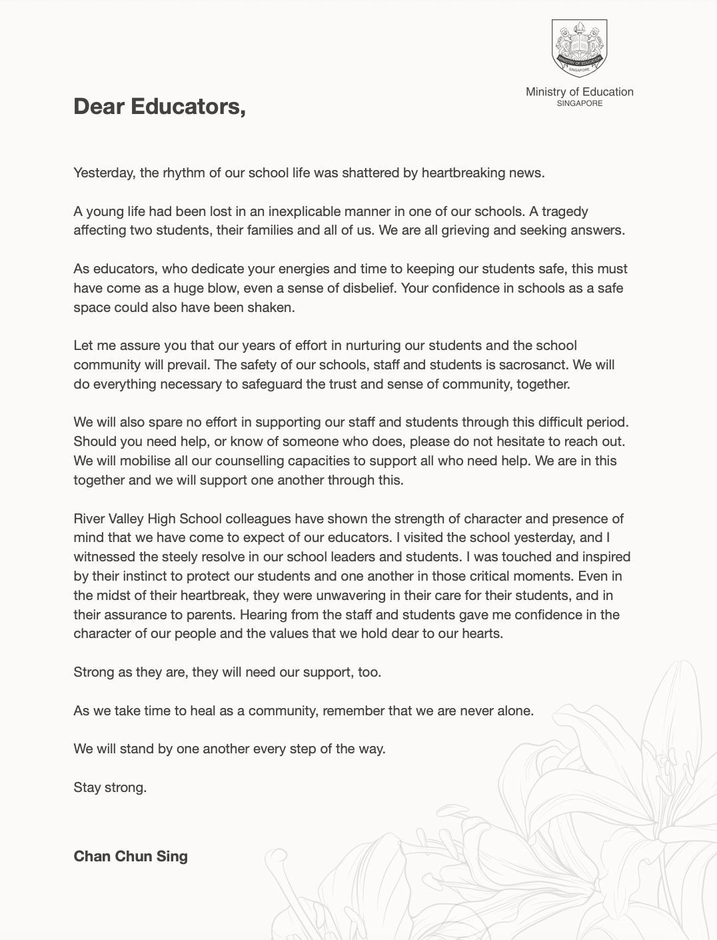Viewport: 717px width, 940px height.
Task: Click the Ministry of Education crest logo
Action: point(579,47)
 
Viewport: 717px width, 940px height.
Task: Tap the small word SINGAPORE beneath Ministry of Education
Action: point(579,103)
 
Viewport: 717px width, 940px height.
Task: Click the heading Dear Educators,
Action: point(159,106)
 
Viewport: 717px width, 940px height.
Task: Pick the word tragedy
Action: point(564,211)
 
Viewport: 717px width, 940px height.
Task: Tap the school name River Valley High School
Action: point(147,519)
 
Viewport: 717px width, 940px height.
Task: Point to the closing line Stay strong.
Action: point(110,787)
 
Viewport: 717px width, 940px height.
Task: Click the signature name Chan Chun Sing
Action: point(131,856)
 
